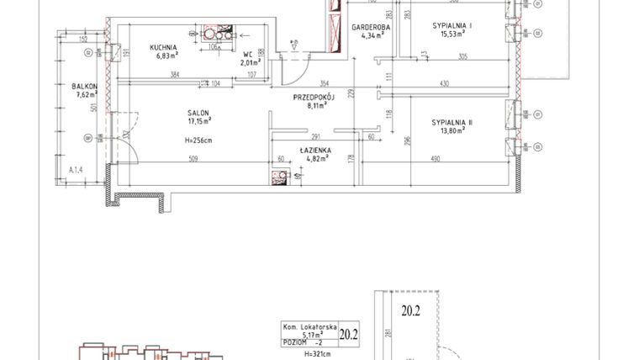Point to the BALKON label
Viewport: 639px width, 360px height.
[85, 87]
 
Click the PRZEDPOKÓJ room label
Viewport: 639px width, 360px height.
[314, 97]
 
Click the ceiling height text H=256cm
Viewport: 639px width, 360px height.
[198, 140]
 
